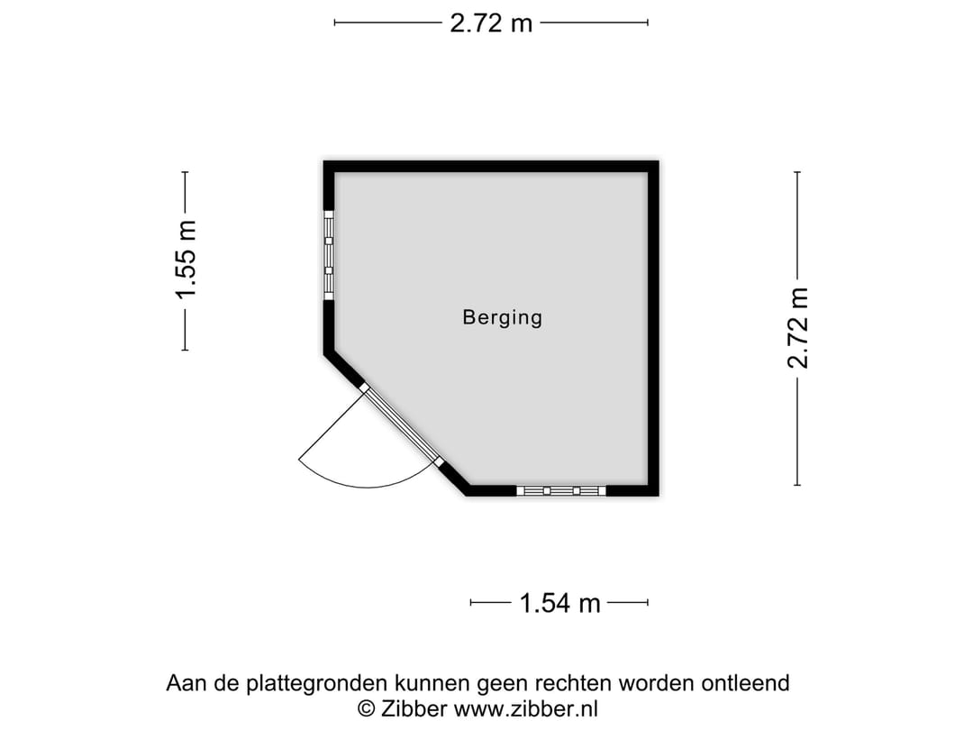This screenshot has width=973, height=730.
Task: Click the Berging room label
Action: point(502,317)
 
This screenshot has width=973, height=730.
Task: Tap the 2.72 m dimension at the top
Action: point(491,23)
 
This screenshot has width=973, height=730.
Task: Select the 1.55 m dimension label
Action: point(186,260)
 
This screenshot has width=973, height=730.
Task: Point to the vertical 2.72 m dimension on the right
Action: point(797,328)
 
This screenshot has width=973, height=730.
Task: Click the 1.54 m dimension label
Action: point(559,603)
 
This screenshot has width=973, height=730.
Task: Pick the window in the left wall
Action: point(329,255)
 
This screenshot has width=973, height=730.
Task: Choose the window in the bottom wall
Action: point(560,490)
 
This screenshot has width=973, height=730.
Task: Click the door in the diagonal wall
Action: point(402,425)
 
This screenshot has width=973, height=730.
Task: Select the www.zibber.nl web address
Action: point(525,708)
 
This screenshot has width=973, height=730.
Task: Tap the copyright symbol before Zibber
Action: point(367,708)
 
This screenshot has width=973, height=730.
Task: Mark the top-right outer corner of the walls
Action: point(658,162)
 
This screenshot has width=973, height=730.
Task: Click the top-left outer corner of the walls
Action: point(325,162)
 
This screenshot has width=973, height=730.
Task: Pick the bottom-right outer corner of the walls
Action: point(658,495)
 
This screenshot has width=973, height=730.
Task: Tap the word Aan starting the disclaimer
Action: point(185,683)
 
